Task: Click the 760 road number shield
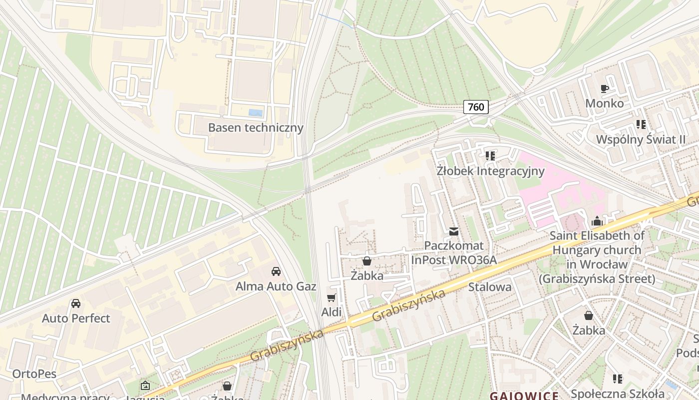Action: pyautogui.click(x=476, y=106)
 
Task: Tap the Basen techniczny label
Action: pyautogui.click(x=256, y=127)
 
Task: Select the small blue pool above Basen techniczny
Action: pyautogui.click(x=256, y=113)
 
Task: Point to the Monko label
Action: pyautogui.click(x=604, y=103)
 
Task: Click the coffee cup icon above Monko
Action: pyautogui.click(x=604, y=89)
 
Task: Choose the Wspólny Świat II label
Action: pyautogui.click(x=641, y=139)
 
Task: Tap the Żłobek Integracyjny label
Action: pyautogui.click(x=490, y=171)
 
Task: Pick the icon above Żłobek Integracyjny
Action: pyautogui.click(x=490, y=156)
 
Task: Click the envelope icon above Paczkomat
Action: pyautogui.click(x=454, y=231)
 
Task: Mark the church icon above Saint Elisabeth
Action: pyautogui.click(x=597, y=221)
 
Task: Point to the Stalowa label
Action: pyautogui.click(x=490, y=287)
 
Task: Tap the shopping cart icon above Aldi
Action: pyautogui.click(x=331, y=298)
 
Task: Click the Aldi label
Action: pyautogui.click(x=331, y=312)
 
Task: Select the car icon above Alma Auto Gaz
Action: pyautogui.click(x=276, y=271)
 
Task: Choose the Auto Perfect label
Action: pyautogui.click(x=76, y=318)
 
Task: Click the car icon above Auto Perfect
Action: pyautogui.click(x=76, y=303)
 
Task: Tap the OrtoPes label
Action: pyautogui.click(x=34, y=374)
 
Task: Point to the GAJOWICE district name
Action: pyautogui.click(x=524, y=395)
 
